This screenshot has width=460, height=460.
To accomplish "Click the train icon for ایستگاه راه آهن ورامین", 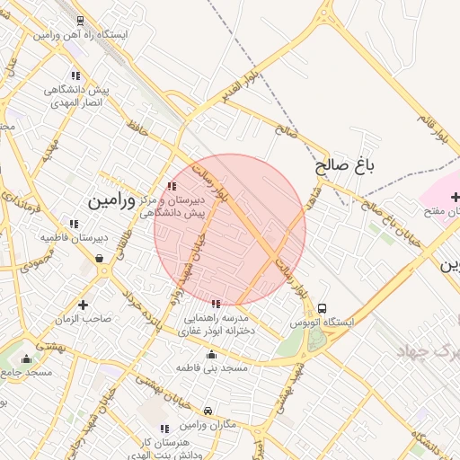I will [82, 20].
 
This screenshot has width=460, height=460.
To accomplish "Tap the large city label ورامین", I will [111, 200].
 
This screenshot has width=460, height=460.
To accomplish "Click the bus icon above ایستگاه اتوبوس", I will [323, 307].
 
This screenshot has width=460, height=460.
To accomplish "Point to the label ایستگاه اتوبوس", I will [323, 321].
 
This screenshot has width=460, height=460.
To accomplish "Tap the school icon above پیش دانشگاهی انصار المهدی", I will [75, 76].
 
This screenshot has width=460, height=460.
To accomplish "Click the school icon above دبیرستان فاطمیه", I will [74, 224].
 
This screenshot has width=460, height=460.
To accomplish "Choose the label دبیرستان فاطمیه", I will [74, 237].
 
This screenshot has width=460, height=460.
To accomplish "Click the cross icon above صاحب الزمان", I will [84, 305].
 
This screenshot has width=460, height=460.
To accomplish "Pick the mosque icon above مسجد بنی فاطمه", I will [210, 354].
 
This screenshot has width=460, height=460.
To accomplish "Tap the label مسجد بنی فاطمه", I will [210, 368].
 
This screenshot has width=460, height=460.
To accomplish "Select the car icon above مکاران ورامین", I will [208, 410].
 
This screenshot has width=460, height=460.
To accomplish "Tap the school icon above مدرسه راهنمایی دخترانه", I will [214, 304].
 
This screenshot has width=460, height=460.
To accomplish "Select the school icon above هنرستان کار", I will [164, 429].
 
